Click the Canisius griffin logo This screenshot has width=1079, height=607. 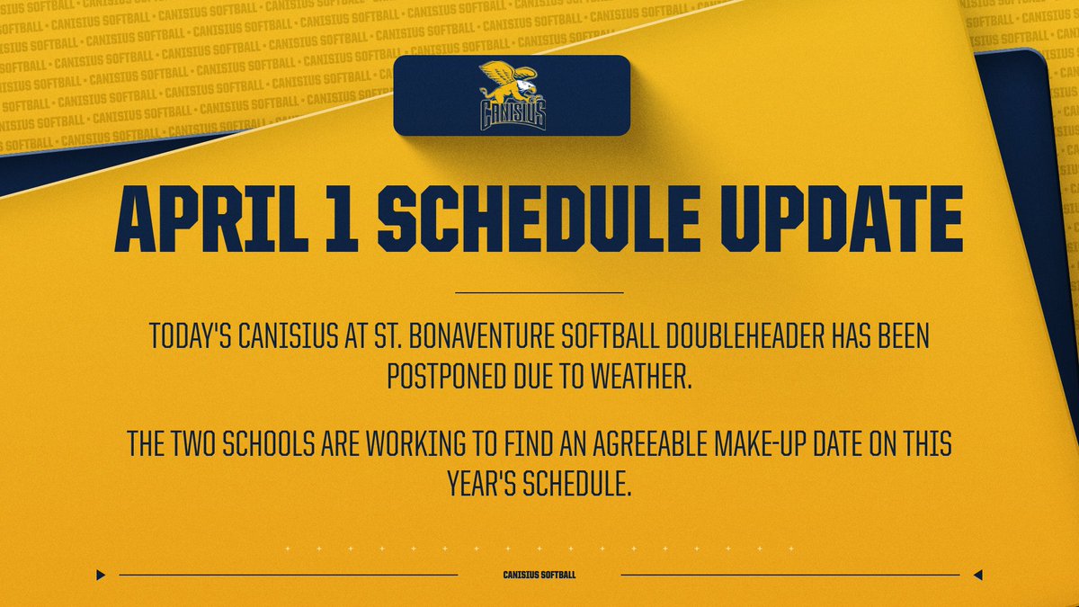[x=512, y=95]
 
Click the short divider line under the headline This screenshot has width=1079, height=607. [x=539, y=292]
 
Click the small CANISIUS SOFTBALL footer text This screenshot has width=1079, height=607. [x=539, y=575]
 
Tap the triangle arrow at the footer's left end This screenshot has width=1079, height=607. [x=102, y=575]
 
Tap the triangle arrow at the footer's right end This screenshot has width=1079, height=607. [x=977, y=575]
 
